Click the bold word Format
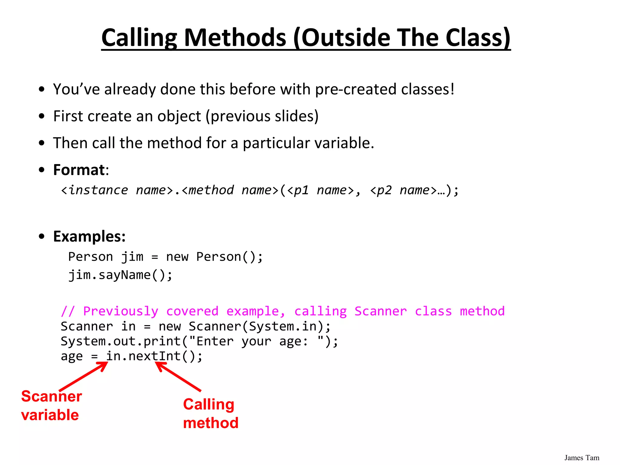pos(79,170)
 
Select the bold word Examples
pos(89,236)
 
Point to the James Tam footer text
pos(582,458)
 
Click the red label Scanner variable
pos(51,405)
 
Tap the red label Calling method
pos(210,414)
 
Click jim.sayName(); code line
pos(120,275)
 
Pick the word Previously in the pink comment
pos(120,311)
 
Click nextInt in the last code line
pos(155,356)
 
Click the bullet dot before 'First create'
pos(42,116)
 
